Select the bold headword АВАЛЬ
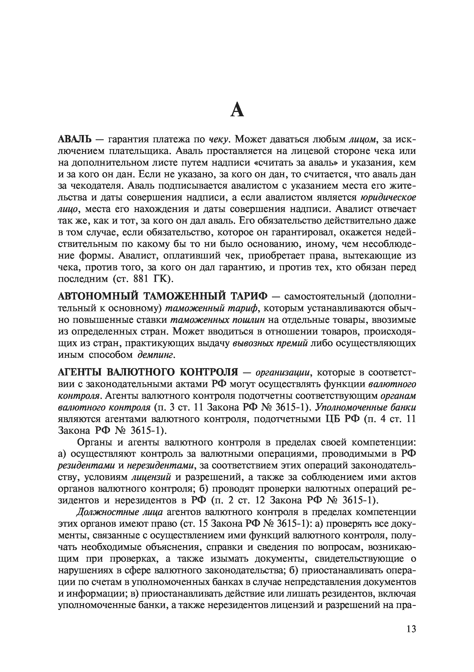point(74,139)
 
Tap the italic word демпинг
point(156,355)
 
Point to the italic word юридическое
point(388,198)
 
